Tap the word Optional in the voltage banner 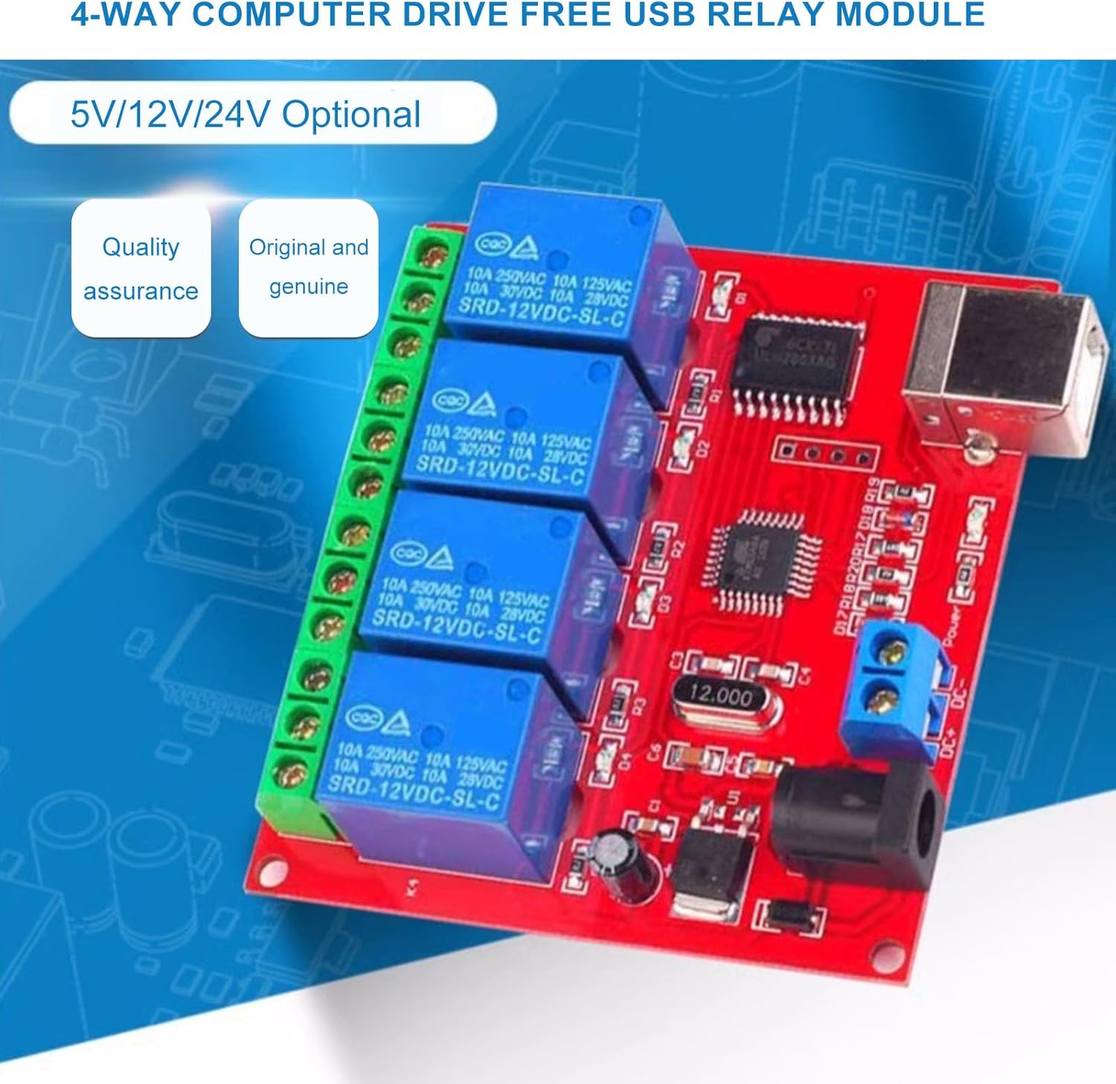click(x=351, y=115)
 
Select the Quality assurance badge click(x=141, y=268)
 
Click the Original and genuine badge click(x=308, y=266)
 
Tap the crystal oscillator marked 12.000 click(x=720, y=696)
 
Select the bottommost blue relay click(x=432, y=751)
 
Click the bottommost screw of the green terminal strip click(x=290, y=774)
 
